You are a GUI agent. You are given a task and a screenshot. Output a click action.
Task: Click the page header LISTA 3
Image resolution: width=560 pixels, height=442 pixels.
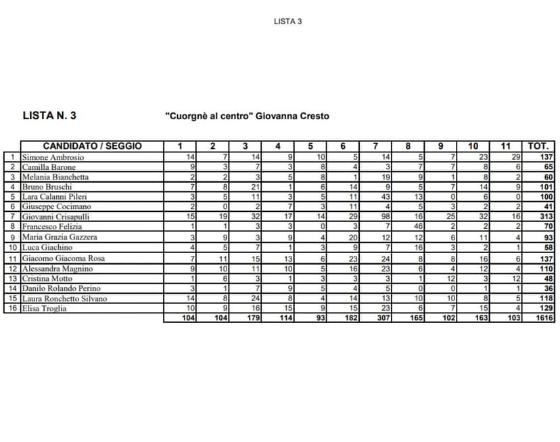(287, 21)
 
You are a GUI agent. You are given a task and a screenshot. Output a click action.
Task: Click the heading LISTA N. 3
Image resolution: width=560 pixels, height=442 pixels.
(49, 116)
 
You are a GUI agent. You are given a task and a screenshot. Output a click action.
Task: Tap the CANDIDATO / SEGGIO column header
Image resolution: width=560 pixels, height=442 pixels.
(92, 146)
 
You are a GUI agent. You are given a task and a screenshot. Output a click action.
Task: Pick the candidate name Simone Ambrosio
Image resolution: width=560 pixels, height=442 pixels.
(53, 157)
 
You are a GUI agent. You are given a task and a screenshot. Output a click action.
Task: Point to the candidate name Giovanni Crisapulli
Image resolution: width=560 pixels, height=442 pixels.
(56, 217)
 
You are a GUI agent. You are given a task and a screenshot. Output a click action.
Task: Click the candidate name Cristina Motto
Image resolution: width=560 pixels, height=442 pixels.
(47, 278)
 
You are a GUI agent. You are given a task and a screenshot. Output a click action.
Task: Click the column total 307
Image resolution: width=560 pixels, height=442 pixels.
(383, 318)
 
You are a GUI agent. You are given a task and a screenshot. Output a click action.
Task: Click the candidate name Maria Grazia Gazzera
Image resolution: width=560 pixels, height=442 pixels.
(60, 238)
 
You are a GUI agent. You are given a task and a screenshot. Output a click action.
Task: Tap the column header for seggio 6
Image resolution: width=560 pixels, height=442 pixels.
(343, 146)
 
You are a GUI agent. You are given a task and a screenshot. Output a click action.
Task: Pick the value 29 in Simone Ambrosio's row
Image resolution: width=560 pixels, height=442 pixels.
(515, 157)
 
